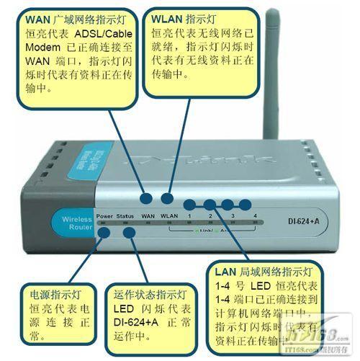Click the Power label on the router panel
pos(104,215)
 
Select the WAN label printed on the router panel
pos(148,215)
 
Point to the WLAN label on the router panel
pos(169,215)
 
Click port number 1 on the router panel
pos(189,215)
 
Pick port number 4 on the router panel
pos(255,215)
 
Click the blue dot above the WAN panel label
pos(146,197)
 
